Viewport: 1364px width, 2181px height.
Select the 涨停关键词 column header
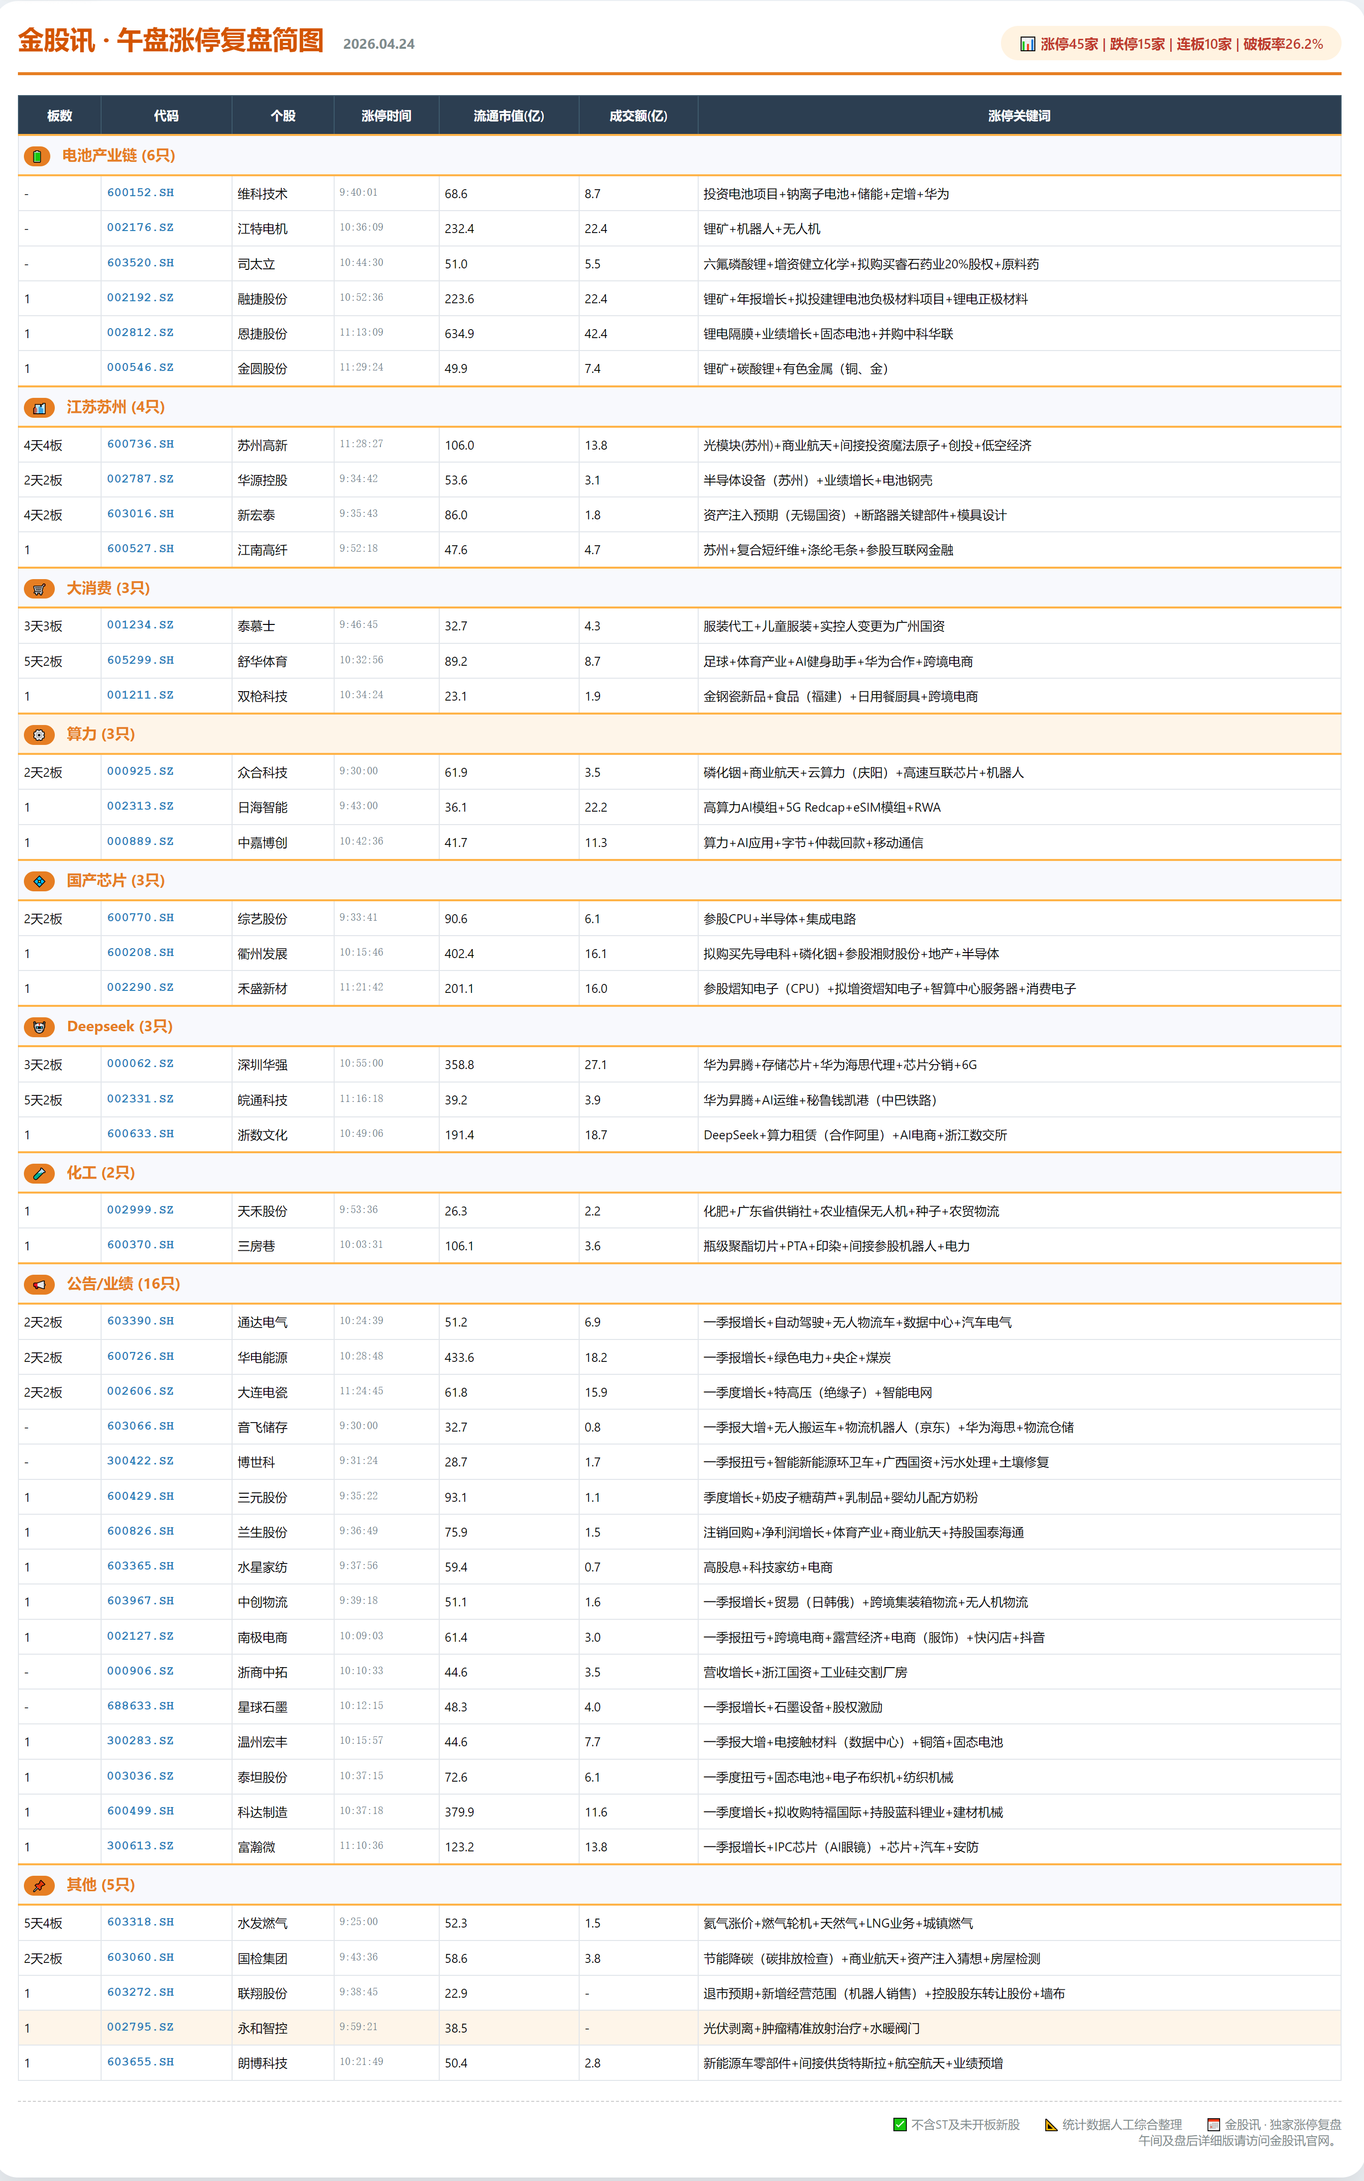pos(1018,116)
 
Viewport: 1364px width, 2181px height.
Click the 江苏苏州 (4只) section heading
pos(116,407)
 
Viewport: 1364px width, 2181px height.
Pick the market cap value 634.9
pos(459,334)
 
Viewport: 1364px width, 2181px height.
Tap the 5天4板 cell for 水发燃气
pos(43,1923)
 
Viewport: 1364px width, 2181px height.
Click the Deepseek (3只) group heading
pos(119,1026)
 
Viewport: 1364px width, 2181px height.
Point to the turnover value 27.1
pos(596,1064)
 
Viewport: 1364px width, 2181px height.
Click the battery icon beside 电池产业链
pos(37,156)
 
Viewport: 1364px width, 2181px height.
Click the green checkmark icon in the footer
pos(899,2124)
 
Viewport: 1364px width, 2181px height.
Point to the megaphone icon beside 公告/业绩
pos(39,1284)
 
